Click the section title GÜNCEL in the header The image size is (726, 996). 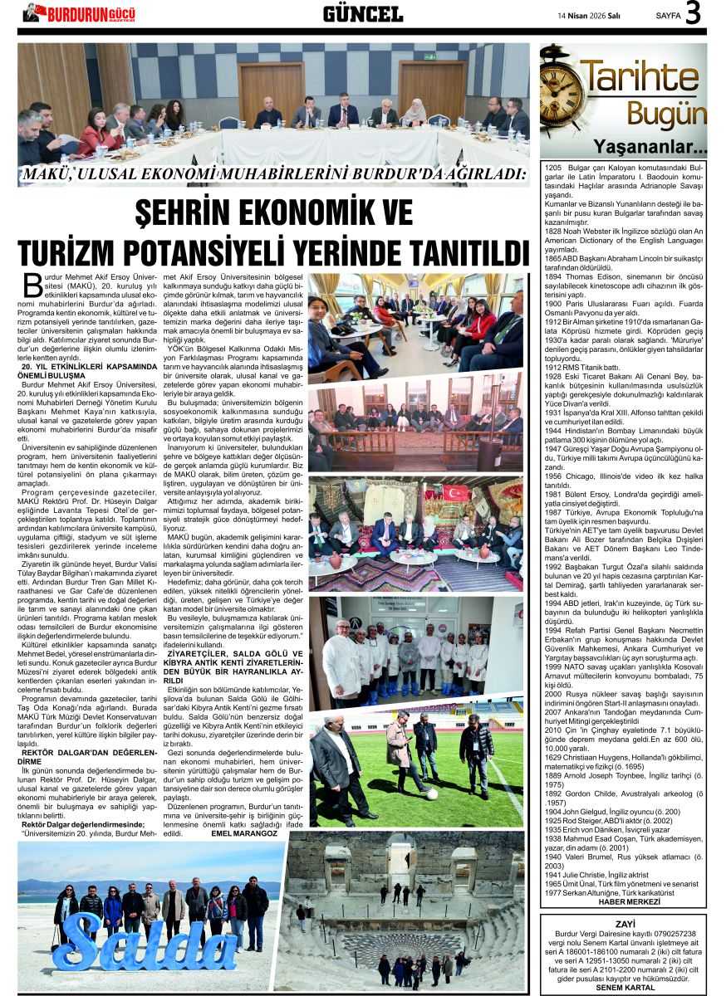coord(362,13)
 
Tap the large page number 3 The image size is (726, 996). coord(694,13)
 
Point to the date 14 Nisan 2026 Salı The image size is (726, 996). coord(587,15)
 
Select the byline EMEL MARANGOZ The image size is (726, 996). coord(244,832)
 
